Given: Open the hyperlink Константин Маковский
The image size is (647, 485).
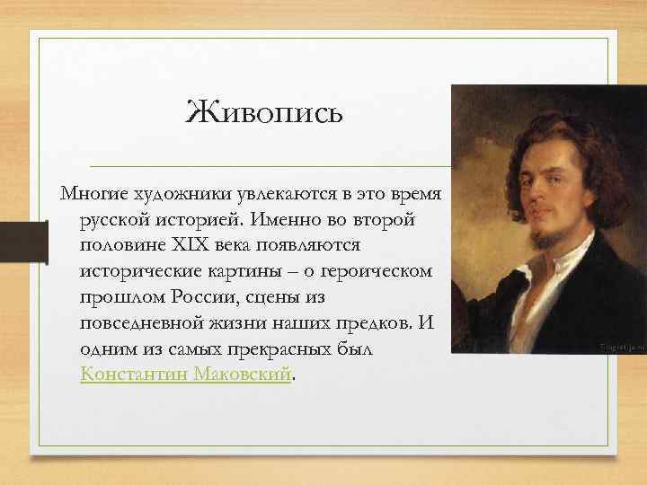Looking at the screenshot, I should pos(186,374).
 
